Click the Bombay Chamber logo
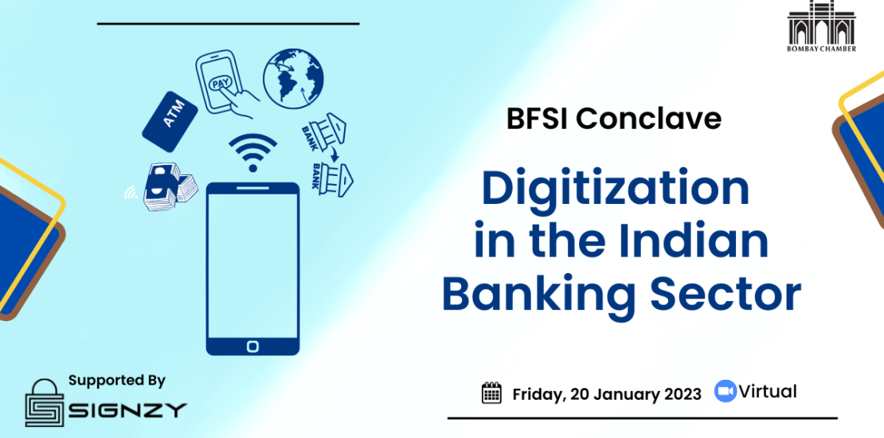(821, 26)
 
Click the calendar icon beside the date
(491, 393)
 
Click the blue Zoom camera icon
(726, 391)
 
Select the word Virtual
(768, 391)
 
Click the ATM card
(170, 121)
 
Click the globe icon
(293, 78)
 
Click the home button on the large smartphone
(252, 346)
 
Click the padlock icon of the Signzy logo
(45, 402)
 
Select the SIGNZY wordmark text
(127, 410)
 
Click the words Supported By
(117, 381)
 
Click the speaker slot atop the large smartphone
(252, 188)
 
